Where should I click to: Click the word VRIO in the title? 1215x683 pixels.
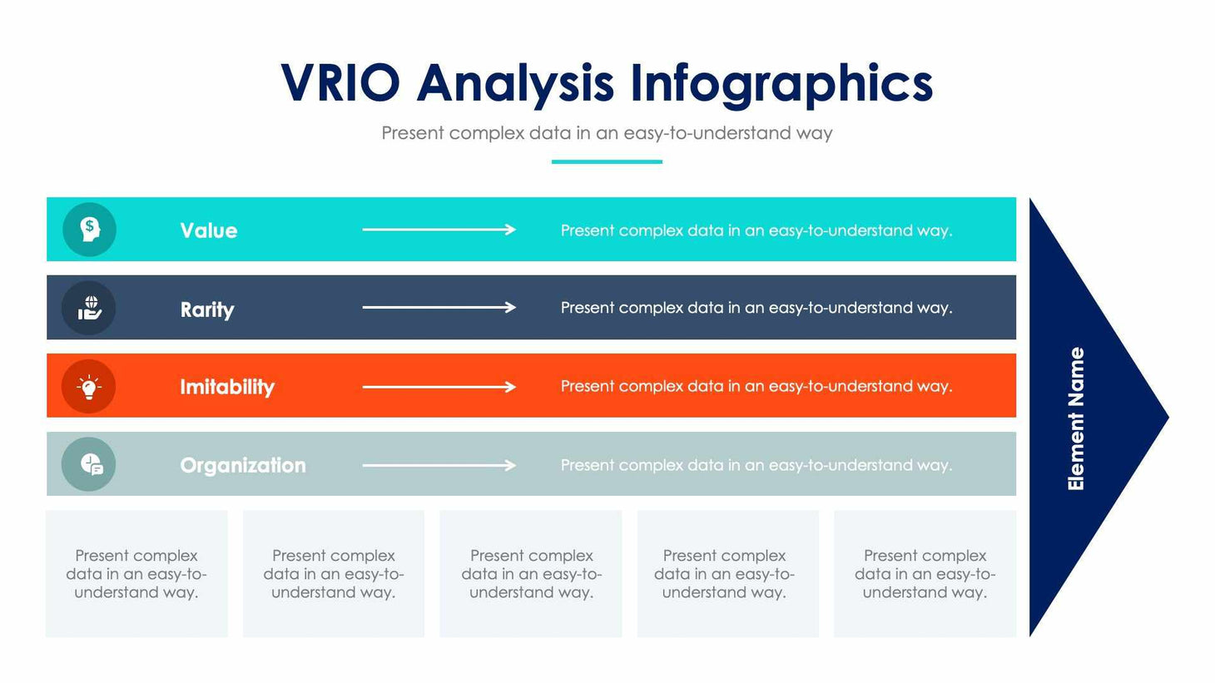(340, 83)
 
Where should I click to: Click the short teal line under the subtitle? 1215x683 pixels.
(607, 161)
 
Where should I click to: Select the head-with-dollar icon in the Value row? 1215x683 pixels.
(89, 230)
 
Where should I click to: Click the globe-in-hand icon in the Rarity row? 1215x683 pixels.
(89, 308)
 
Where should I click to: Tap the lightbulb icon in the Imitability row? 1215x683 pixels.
(89, 387)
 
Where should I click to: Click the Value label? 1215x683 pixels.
(208, 230)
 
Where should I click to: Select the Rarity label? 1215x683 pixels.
(206, 309)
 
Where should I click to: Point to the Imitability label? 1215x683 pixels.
(226, 387)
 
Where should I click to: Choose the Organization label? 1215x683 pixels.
(242, 465)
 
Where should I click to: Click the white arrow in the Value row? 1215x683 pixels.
(439, 230)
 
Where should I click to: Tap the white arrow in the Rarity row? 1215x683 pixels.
(439, 308)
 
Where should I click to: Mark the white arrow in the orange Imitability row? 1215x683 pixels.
(439, 387)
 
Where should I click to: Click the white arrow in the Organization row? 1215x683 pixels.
(439, 465)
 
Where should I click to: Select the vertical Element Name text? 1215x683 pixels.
(1076, 418)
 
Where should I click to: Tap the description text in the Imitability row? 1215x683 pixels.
(756, 386)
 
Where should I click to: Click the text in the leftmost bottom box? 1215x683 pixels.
(136, 574)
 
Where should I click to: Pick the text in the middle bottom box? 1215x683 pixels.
(531, 574)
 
